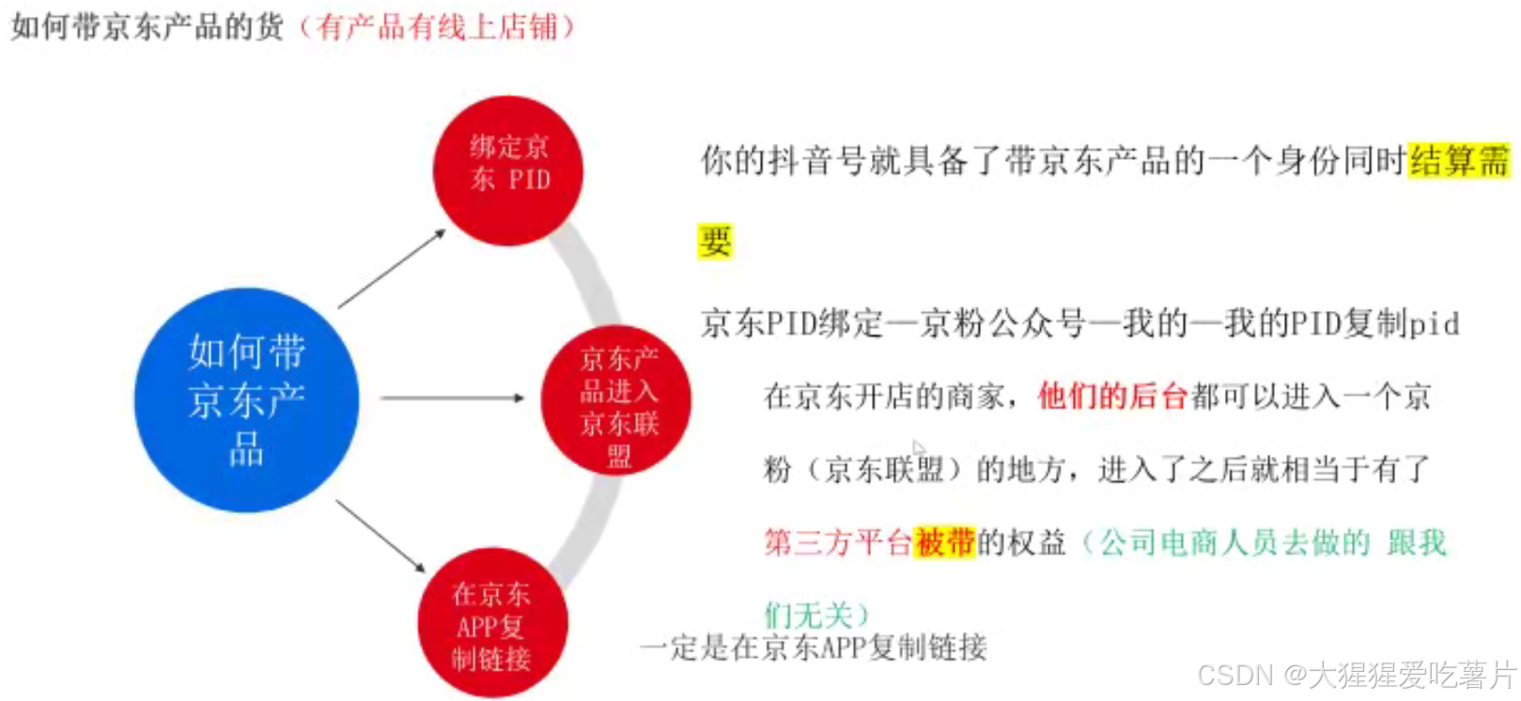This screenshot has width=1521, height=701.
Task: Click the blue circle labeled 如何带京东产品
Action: [x=246, y=399]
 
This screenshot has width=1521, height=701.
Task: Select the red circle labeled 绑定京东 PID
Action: [x=508, y=170]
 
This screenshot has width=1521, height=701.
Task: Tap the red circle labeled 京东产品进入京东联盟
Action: [x=616, y=400]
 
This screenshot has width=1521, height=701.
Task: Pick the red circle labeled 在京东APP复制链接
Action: [x=492, y=622]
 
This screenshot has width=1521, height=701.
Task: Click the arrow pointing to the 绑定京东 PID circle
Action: [x=392, y=268]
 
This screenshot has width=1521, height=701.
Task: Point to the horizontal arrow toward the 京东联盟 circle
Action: [x=452, y=398]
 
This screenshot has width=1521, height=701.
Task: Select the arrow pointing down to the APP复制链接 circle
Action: [x=380, y=536]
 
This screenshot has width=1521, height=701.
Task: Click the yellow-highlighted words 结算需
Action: [x=1459, y=161]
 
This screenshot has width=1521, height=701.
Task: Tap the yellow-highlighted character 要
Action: [x=715, y=241]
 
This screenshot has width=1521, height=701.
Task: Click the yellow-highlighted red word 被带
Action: [x=944, y=542]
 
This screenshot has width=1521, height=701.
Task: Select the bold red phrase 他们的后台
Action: [x=1112, y=397]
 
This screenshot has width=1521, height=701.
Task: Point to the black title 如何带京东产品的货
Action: [x=147, y=26]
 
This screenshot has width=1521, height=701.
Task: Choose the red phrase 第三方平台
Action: [x=837, y=542]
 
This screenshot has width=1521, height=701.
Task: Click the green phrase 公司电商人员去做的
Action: [x=1234, y=542]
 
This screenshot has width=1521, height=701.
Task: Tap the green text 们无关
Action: [x=808, y=615]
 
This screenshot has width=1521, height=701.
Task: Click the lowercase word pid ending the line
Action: [x=1434, y=324]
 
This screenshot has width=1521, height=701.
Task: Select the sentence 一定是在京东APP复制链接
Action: [x=814, y=647]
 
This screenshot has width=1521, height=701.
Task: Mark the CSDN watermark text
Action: [x=1357, y=675]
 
